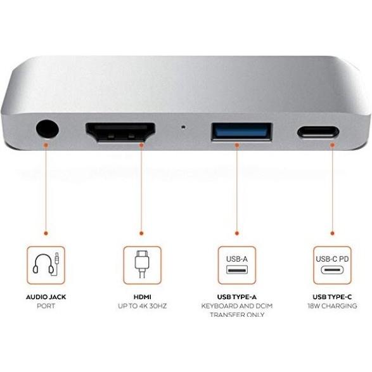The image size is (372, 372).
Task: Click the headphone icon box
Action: click(46, 264)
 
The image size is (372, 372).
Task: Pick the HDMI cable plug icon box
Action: click(141, 264)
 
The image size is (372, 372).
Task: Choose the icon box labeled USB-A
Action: click(236, 264)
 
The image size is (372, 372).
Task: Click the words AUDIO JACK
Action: click(46, 295)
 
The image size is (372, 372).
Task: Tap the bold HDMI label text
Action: click(141, 295)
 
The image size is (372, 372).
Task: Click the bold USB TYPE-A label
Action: click(236, 295)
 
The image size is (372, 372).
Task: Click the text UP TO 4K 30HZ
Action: click(141, 306)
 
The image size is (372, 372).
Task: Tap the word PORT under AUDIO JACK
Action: click(46, 306)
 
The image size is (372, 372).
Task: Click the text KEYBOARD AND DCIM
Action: click(236, 306)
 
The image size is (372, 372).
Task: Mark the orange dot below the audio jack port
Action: click(46, 144)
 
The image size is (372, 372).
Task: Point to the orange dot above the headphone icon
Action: click(46, 233)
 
